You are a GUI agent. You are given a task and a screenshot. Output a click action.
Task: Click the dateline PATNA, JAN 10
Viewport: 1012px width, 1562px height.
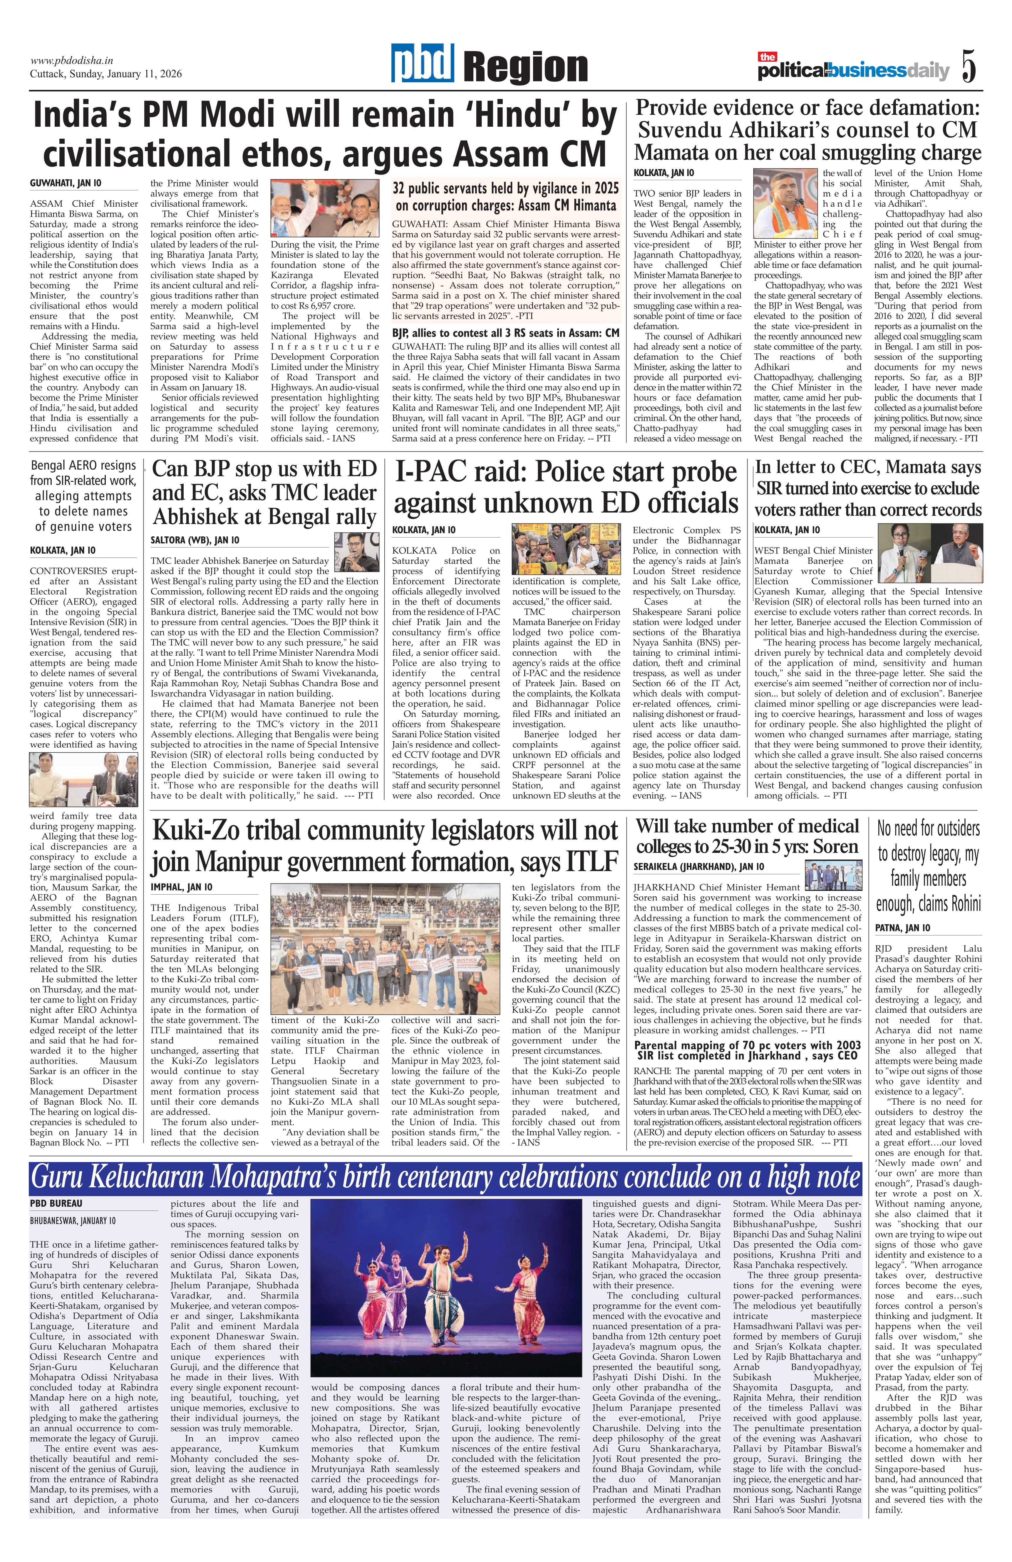point(903,928)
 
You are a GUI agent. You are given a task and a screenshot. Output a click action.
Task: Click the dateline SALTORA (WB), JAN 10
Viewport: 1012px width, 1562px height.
point(195,540)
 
